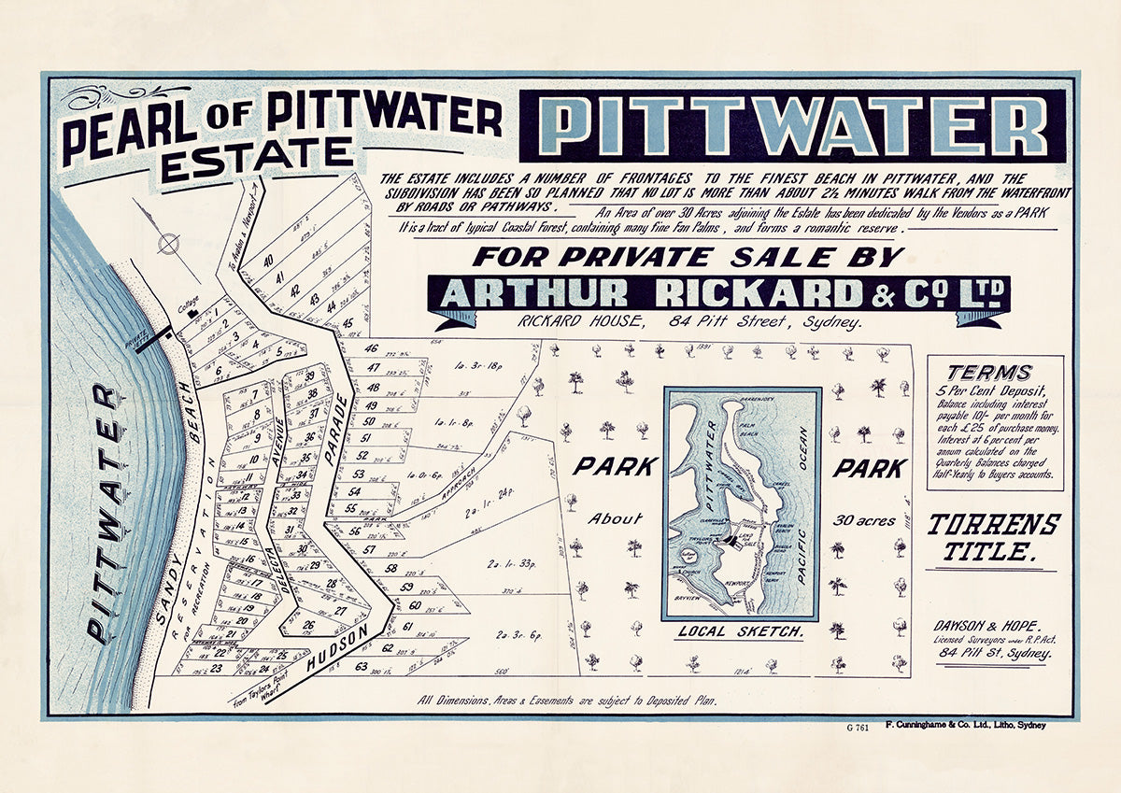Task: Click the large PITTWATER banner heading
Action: (x=793, y=125)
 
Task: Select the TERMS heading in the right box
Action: (x=988, y=372)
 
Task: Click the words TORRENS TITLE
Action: (x=992, y=537)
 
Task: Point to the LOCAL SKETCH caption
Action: (x=741, y=632)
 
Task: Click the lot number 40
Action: (x=268, y=261)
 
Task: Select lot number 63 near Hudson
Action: (x=361, y=666)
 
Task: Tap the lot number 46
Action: (x=371, y=348)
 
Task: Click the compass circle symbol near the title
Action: (x=168, y=245)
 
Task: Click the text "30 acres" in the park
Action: (x=868, y=520)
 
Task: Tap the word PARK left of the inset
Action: (x=611, y=466)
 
